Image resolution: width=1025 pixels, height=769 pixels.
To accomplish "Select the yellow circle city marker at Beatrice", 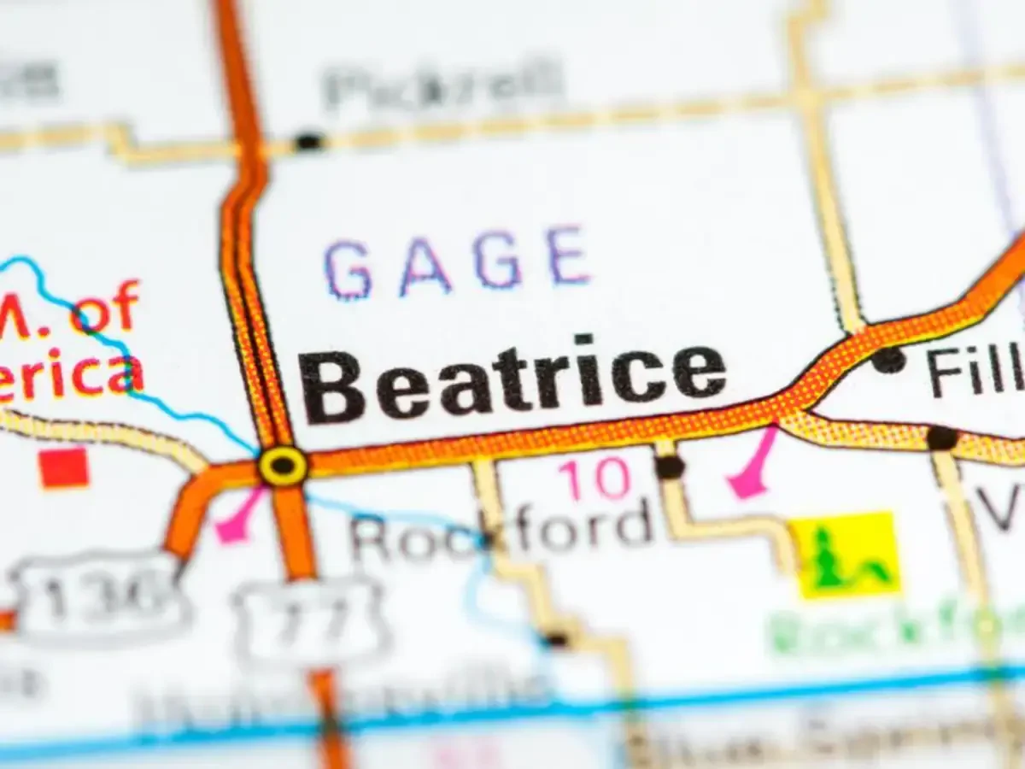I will [283, 466].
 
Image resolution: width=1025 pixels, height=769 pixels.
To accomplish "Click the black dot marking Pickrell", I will [307, 141].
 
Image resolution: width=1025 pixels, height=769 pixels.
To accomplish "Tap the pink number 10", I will [594, 478].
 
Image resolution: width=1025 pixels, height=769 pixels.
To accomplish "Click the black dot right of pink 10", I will [669, 467].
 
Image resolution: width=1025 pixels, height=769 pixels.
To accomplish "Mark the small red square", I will [64, 468].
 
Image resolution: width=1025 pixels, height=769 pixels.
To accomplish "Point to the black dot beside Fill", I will [888, 360].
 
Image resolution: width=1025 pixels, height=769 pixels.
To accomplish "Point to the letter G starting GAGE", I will [348, 269].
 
